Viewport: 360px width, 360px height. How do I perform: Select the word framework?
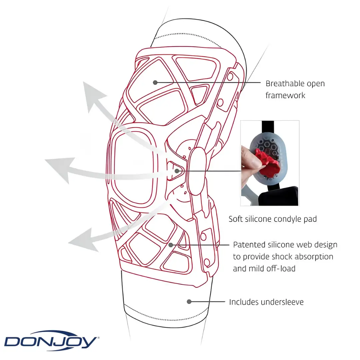point(285,95)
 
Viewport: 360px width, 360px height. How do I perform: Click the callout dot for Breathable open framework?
point(155,82)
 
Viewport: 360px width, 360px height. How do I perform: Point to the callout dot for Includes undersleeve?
point(189,301)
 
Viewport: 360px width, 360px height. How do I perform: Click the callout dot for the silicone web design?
point(171,245)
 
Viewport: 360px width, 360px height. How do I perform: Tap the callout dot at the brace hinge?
point(177,171)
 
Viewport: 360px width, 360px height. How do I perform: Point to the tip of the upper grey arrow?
point(84,82)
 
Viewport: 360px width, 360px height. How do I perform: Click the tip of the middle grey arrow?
point(45,159)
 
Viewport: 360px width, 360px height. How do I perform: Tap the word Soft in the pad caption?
point(235,219)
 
